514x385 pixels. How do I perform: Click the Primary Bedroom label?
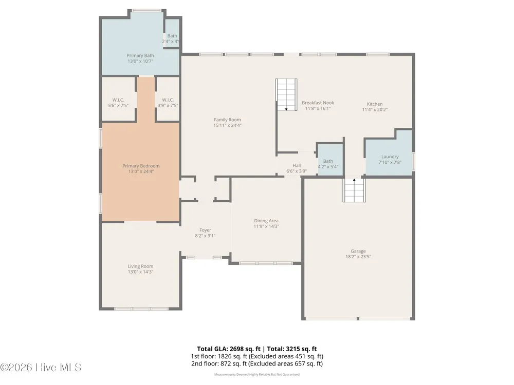tap(141, 166)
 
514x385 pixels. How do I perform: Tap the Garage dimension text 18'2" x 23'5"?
tap(358, 257)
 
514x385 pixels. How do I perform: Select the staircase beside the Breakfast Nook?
tap(286, 94)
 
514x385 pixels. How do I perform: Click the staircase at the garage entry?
tap(354, 190)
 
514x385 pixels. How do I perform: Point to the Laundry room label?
tap(390, 157)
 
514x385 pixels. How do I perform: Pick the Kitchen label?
tap(375, 104)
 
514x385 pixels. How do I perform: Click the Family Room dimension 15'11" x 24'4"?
tap(227, 125)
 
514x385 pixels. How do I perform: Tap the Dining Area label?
tap(266, 221)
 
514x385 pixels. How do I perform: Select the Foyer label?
tap(205, 230)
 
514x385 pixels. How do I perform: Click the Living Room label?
tap(140, 266)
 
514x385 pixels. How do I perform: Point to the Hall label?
tap(297, 166)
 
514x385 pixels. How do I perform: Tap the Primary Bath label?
tap(140, 55)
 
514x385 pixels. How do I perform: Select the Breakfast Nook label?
tap(318, 103)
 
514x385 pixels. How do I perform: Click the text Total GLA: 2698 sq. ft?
tap(229, 349)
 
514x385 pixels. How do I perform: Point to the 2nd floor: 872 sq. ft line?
tap(257, 364)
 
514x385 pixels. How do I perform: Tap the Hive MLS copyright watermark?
tap(41, 368)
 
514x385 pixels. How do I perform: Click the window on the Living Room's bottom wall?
tap(141, 309)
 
